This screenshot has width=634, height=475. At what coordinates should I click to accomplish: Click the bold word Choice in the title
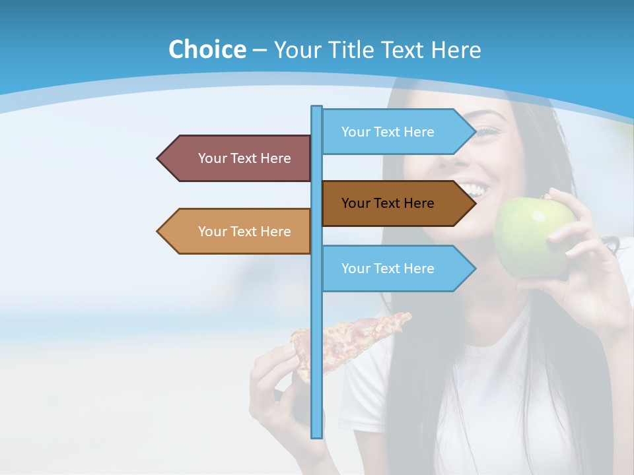(x=207, y=49)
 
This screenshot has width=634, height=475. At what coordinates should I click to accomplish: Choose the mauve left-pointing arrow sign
(x=238, y=158)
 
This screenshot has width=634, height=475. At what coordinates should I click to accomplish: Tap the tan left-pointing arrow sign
(x=238, y=232)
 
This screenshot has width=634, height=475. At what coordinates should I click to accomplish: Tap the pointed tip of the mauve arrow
(x=158, y=158)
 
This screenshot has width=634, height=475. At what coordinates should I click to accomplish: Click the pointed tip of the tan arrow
(x=158, y=232)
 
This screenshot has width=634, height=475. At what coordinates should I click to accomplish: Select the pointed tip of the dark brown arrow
(x=474, y=203)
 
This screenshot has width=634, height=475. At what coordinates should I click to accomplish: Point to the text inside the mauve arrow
(x=244, y=158)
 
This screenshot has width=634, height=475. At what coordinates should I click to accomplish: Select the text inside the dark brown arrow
(x=388, y=203)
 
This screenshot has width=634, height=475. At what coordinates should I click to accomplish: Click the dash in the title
(x=260, y=50)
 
